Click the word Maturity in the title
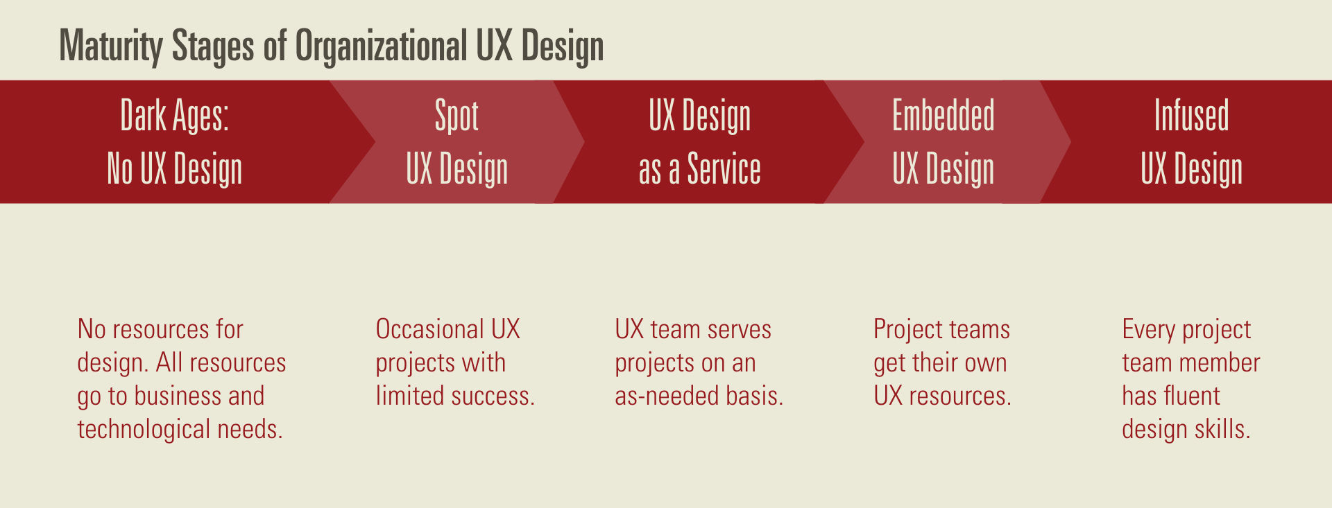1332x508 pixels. (111, 46)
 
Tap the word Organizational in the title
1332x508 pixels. (381, 46)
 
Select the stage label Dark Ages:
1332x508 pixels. (174, 115)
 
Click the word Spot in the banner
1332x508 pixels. (456, 115)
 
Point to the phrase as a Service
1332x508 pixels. (699, 169)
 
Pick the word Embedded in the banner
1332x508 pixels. (943, 115)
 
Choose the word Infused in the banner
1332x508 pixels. (1191, 115)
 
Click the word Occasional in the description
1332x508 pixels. (429, 329)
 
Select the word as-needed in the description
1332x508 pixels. (667, 396)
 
